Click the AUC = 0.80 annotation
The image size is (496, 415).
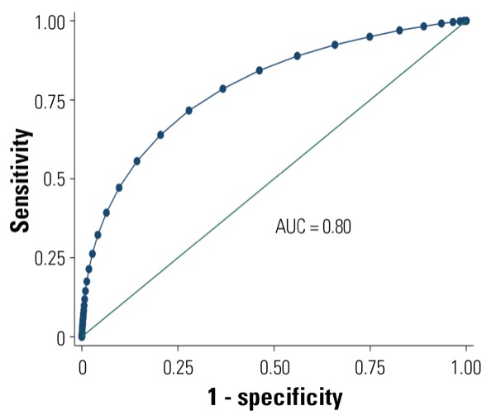tap(313, 226)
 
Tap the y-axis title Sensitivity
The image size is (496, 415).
tap(25, 178)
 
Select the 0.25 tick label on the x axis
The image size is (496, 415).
tap(178, 366)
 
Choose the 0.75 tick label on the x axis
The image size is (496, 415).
tap(370, 366)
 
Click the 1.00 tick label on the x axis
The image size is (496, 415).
tap(466, 366)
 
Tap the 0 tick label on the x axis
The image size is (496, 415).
tap(81, 366)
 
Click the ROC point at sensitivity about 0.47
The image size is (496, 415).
tap(119, 188)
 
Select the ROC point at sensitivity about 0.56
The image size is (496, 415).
tap(137, 161)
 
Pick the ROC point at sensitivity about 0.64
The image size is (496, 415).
tap(160, 135)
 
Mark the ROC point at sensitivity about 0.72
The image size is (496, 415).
tap(189, 110)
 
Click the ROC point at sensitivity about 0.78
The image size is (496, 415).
tap(223, 88)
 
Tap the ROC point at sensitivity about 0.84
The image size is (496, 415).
tap(260, 70)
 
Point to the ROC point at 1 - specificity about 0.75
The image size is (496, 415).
tap(370, 36)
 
